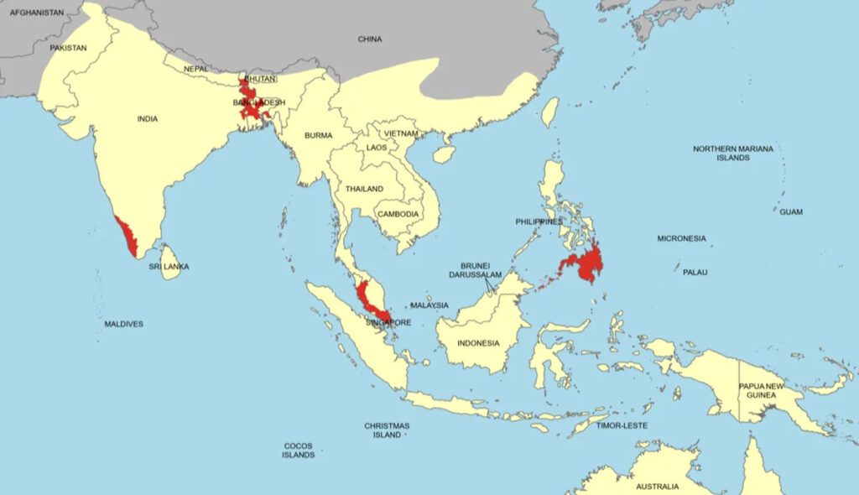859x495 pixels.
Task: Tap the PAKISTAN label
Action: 68,48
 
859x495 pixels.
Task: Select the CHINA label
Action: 369,39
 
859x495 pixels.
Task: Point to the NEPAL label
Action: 195,69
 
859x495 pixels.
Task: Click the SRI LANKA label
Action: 169,267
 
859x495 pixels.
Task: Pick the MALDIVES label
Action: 123,324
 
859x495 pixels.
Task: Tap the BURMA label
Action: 319,135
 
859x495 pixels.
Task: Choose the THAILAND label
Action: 364,189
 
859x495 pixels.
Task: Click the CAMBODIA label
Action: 398,214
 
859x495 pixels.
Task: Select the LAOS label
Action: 377,148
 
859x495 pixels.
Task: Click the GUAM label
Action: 790,212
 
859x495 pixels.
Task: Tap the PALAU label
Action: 695,273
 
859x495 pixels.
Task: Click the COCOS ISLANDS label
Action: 299,451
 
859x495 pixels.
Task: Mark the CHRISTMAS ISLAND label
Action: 387,430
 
